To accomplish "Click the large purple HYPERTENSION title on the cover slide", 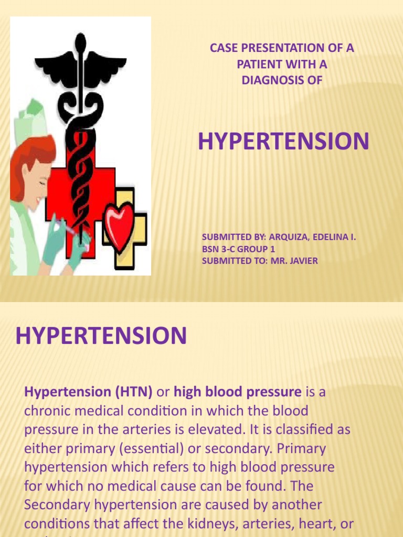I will click(x=283, y=142).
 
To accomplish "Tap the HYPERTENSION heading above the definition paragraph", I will click(x=101, y=336).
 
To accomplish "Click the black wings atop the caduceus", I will click(x=81, y=66).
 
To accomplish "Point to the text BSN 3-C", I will click(x=218, y=250).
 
